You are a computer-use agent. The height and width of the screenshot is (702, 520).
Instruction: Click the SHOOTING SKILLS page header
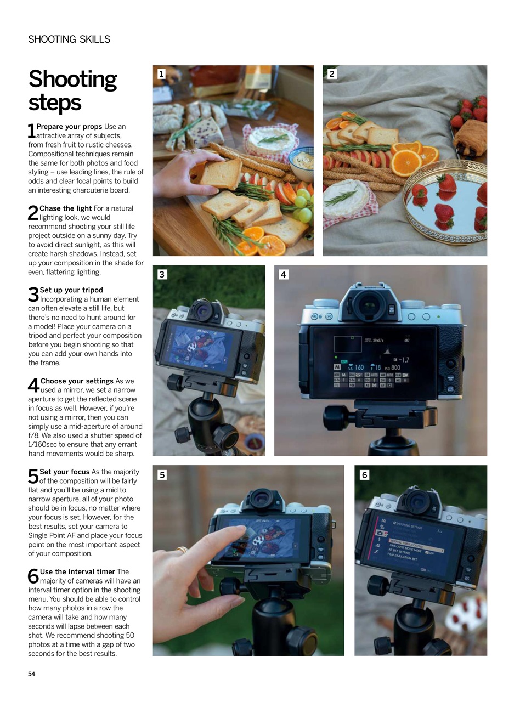69,39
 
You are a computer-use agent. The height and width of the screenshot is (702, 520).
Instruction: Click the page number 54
32,674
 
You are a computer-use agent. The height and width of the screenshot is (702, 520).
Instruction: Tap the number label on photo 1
161,74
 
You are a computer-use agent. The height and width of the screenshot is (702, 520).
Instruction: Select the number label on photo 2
332,74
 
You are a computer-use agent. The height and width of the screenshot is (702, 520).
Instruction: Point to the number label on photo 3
162,274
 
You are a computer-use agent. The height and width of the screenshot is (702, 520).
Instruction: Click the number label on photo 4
284,274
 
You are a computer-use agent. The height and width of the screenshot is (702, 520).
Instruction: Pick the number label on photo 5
162,475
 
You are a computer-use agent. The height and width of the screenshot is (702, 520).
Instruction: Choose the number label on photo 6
364,475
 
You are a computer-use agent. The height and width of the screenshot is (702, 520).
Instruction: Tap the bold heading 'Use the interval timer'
77,571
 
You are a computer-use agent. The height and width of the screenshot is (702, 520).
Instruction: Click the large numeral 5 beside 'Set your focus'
33,477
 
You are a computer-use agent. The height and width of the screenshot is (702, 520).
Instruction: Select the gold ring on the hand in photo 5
182,549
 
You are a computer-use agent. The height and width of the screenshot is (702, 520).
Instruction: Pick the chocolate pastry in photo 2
470,138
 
